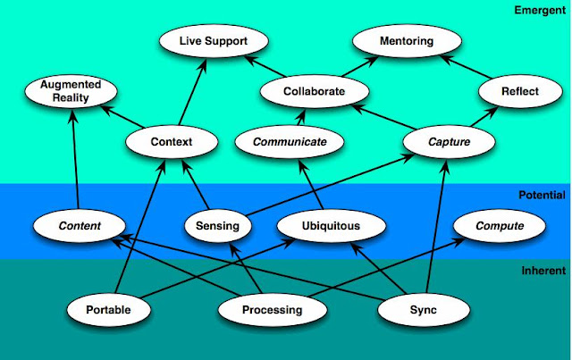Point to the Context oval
tap(172, 141)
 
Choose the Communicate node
tap(290, 141)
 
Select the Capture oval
tap(449, 141)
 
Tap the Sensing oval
tap(216, 226)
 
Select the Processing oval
tap(272, 311)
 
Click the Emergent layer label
tap(541, 10)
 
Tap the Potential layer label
tap(542, 194)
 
